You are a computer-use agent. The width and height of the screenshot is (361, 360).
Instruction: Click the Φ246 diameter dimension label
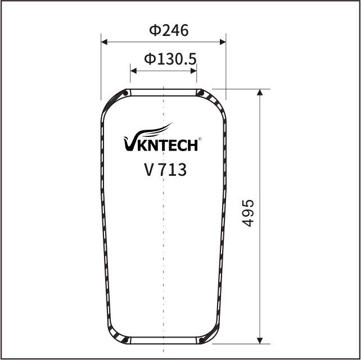coord(169,30)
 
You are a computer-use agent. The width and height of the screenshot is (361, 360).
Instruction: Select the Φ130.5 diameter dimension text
coord(170,59)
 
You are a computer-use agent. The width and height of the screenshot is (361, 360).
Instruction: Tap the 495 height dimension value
coord(248,213)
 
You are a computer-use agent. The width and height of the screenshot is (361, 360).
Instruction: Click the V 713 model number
coord(165,170)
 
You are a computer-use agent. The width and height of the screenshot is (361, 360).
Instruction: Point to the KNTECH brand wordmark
coord(168,145)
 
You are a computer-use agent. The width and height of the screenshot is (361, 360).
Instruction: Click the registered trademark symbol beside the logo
coord(200,139)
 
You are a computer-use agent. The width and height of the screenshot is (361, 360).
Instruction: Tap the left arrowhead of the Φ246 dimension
coord(104,42)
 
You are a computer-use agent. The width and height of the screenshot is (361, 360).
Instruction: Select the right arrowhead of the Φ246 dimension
coord(223,42)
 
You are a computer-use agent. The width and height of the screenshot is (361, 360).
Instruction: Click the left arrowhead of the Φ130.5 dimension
coord(133,71)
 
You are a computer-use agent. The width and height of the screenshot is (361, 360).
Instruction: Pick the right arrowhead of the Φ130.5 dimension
coord(193,71)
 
